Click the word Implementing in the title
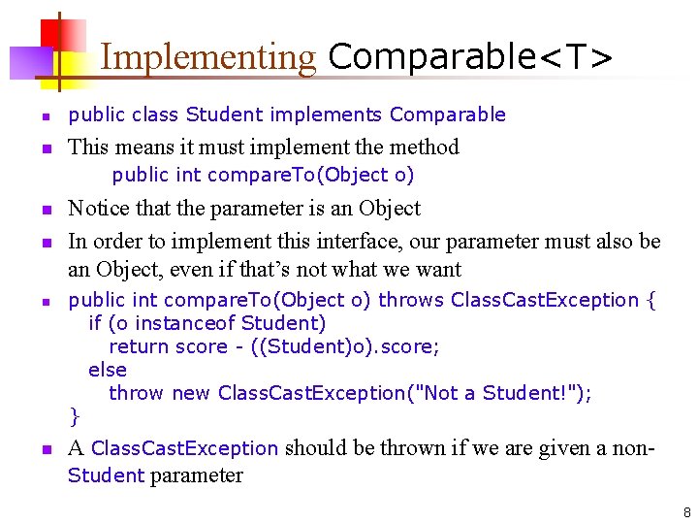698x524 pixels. [207, 57]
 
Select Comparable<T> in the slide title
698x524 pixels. [470, 57]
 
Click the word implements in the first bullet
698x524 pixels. [326, 115]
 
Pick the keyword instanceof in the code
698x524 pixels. [181, 323]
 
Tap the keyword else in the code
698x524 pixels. [108, 370]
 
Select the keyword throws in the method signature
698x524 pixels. [409, 300]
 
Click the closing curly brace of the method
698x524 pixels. [75, 417]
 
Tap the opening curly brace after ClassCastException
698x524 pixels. [650, 300]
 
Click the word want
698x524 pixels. [436, 270]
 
